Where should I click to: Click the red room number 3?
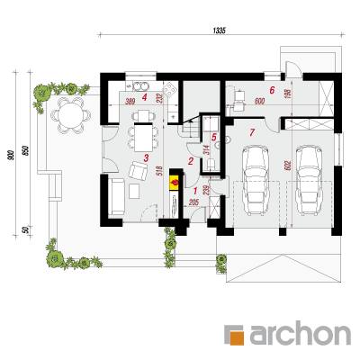146,157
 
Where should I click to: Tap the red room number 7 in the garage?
252,132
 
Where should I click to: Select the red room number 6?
272,90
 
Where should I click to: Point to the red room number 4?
145,97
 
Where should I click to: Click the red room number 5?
214,138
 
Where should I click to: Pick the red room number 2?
191,161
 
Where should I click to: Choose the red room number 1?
195,190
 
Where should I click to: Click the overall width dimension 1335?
219,31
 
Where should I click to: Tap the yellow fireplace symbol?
175,182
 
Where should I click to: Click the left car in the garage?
255,180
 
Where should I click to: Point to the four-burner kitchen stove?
170,88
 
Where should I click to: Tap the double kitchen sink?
140,86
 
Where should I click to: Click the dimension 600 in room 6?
260,102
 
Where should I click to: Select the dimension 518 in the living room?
159,171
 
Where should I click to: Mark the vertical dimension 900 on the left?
12,155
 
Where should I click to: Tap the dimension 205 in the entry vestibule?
193,202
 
